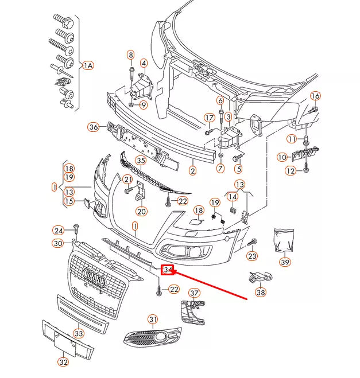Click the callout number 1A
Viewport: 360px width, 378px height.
(x=88, y=66)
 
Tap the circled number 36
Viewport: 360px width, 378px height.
(x=94, y=127)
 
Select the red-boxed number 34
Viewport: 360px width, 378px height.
(x=168, y=270)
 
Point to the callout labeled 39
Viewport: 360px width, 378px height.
(x=285, y=262)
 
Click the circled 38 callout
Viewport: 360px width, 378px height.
(x=261, y=292)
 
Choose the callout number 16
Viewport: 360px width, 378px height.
(x=315, y=96)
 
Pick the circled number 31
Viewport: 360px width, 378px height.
(x=152, y=319)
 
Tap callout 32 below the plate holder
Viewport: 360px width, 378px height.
(x=63, y=362)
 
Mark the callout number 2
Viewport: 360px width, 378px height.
(x=193, y=170)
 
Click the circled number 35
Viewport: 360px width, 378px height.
(x=141, y=160)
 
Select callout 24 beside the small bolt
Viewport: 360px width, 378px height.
(x=59, y=231)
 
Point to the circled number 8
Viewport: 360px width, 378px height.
(x=131, y=55)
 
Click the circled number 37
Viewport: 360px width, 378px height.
(x=195, y=294)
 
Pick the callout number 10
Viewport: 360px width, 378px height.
(x=282, y=157)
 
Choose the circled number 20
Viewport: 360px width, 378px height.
(x=141, y=211)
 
